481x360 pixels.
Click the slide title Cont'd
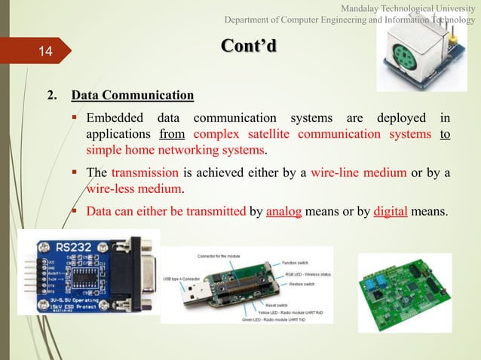click(x=249, y=46)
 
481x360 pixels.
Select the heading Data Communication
click(x=132, y=96)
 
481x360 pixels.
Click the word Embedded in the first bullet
click(x=116, y=119)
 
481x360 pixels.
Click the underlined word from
click(x=173, y=135)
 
